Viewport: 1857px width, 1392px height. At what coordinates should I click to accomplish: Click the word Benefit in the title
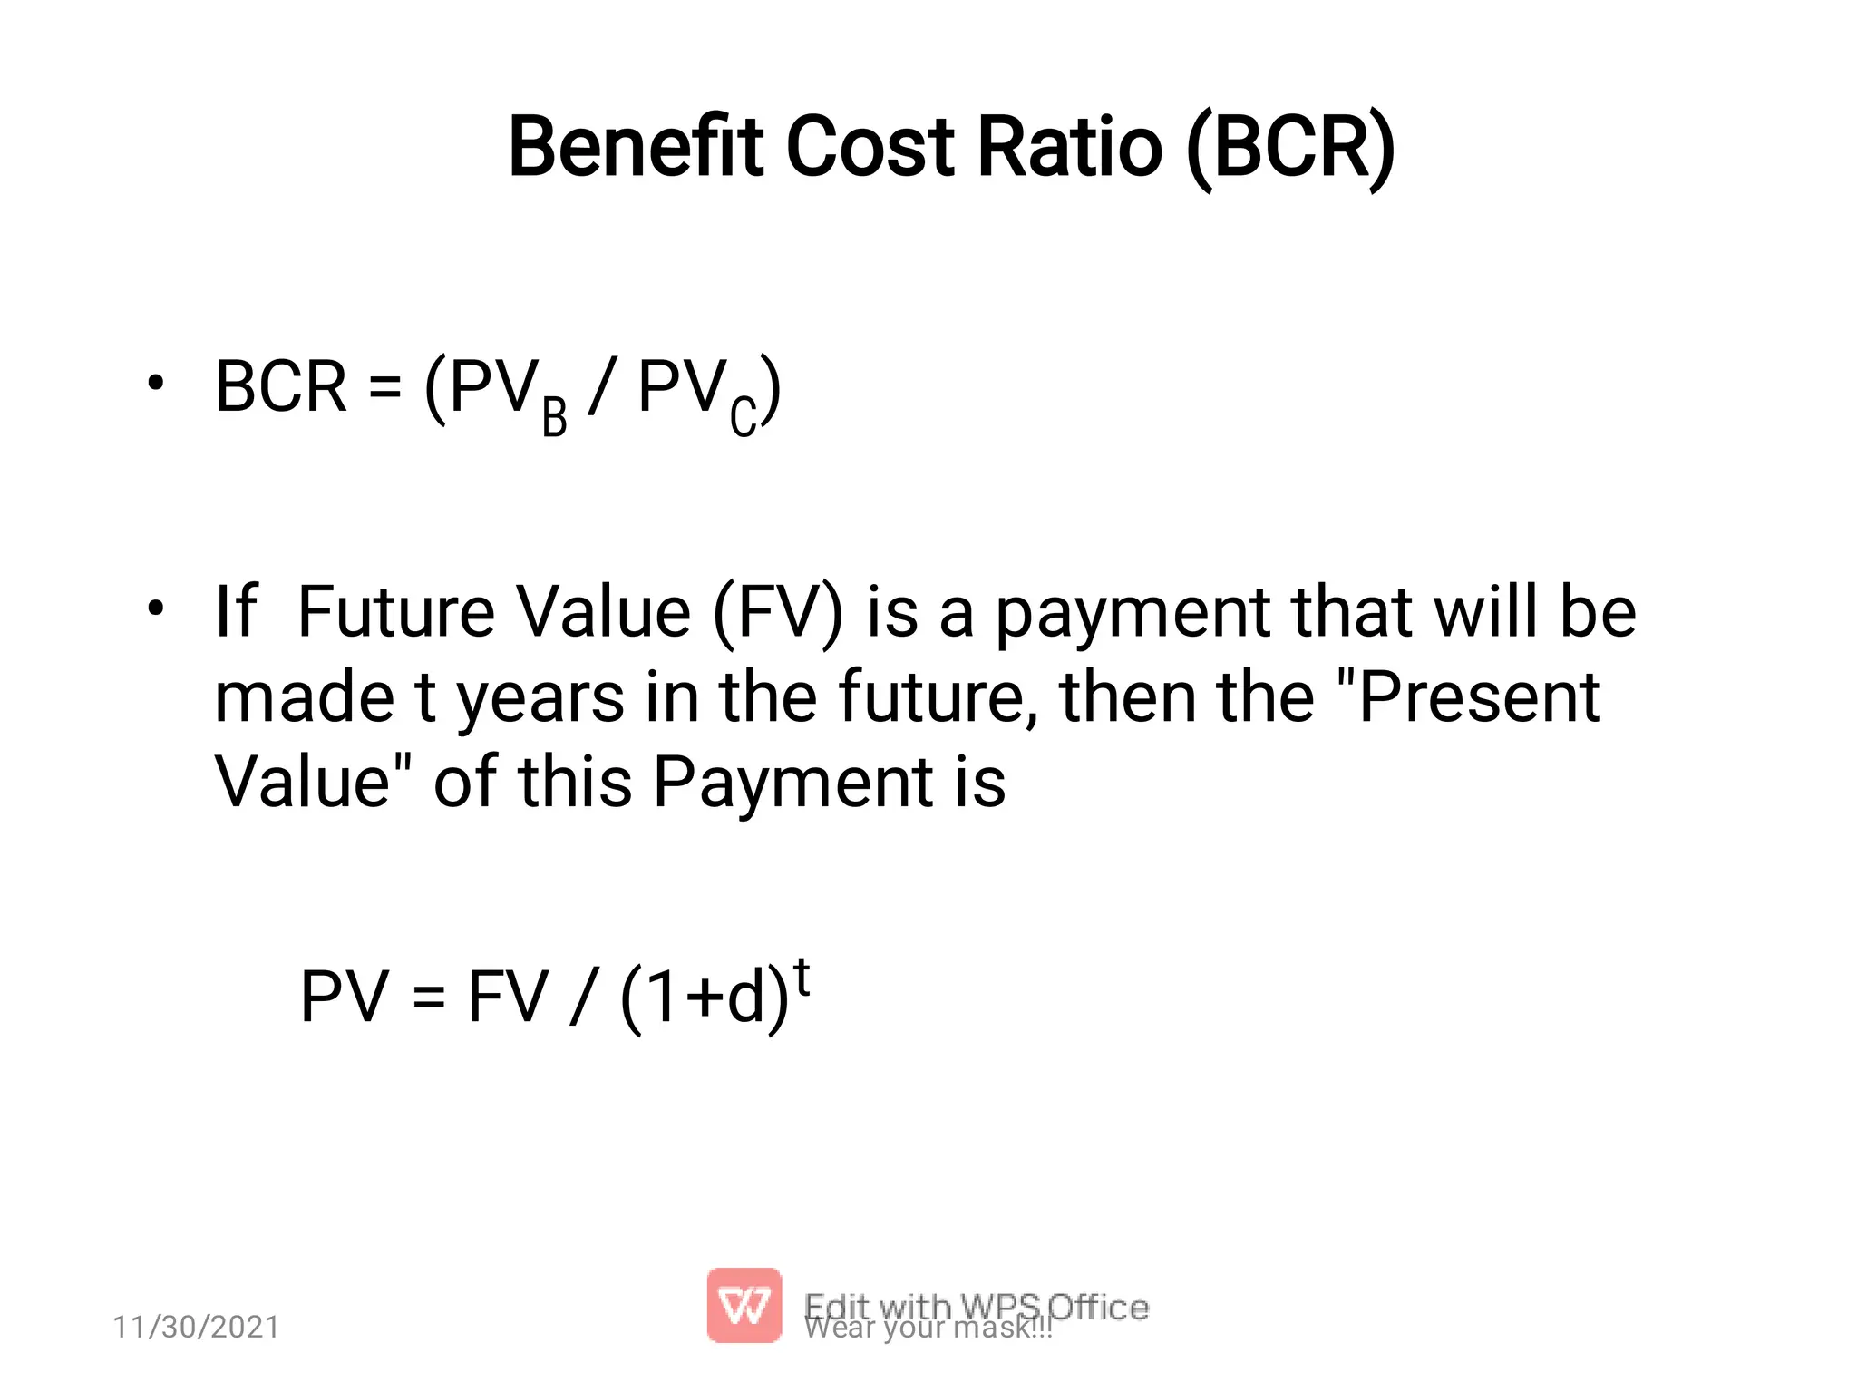coord(639,147)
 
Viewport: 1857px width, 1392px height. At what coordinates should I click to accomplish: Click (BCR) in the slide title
coord(1290,147)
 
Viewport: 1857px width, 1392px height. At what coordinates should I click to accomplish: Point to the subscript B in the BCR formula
coord(554,419)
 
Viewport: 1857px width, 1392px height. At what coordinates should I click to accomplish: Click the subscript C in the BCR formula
coord(744,419)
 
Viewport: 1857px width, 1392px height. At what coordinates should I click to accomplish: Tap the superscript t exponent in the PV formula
coord(802,978)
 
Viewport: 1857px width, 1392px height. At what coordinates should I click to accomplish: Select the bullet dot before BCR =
coord(156,384)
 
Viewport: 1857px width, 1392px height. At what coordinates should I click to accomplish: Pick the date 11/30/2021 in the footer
coord(196,1327)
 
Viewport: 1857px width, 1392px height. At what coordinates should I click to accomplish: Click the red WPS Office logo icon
coord(744,1305)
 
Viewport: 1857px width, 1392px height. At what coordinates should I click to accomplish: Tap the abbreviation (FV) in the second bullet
coord(778,613)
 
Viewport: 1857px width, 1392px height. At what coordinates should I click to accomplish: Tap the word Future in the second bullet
coord(395,612)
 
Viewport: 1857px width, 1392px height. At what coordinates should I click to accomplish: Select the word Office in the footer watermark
coord(1098,1307)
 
